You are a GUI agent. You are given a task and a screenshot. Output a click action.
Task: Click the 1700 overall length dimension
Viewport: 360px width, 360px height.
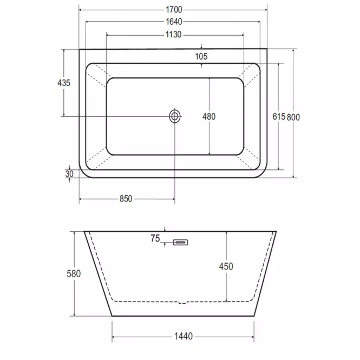pyautogui.click(x=174, y=10)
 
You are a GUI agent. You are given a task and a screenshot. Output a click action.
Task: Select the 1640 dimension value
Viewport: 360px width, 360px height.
pyautogui.click(x=174, y=22)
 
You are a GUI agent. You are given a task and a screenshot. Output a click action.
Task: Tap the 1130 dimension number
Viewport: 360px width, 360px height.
pyautogui.click(x=174, y=35)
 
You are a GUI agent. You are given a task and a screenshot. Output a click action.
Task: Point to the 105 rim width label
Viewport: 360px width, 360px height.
pyautogui.click(x=201, y=56)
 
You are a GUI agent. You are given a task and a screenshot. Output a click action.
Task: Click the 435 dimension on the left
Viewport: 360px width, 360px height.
pyautogui.click(x=63, y=83)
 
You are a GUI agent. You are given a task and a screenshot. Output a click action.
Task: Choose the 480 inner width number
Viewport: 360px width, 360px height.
pyautogui.click(x=209, y=116)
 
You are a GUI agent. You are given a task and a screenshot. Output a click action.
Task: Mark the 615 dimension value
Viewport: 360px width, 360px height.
pyautogui.click(x=279, y=116)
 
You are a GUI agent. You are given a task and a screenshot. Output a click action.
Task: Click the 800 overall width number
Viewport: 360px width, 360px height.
pyautogui.click(x=293, y=117)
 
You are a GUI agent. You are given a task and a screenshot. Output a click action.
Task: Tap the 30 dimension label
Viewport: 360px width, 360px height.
pyautogui.click(x=69, y=174)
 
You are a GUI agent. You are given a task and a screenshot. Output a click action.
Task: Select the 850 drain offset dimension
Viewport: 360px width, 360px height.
pyautogui.click(x=126, y=199)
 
